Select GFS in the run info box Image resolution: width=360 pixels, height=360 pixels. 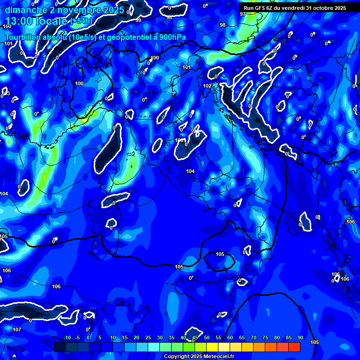260,8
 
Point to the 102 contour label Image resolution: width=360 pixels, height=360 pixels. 207,86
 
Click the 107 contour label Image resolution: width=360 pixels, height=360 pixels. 17,330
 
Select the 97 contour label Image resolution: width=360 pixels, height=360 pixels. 242,14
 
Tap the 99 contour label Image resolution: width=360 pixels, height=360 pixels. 138,20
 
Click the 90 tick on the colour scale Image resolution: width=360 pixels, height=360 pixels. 300,338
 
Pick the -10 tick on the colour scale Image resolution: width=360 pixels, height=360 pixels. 67,338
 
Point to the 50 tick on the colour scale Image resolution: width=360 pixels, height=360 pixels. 207,338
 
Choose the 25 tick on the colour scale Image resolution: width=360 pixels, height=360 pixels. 148,338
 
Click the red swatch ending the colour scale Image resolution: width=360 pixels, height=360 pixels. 294,347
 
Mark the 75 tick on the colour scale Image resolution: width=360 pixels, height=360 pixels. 265,338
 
